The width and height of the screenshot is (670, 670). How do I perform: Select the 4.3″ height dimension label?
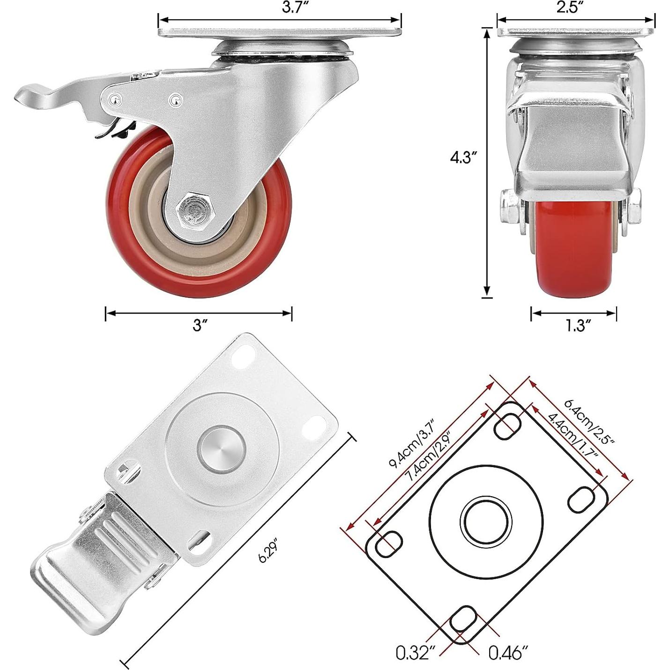[x=463, y=158]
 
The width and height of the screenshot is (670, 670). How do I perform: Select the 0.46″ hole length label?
[x=508, y=653]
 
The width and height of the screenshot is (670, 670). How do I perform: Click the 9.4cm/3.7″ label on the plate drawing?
[x=412, y=442]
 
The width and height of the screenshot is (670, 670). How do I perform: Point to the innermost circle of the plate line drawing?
[x=485, y=520]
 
